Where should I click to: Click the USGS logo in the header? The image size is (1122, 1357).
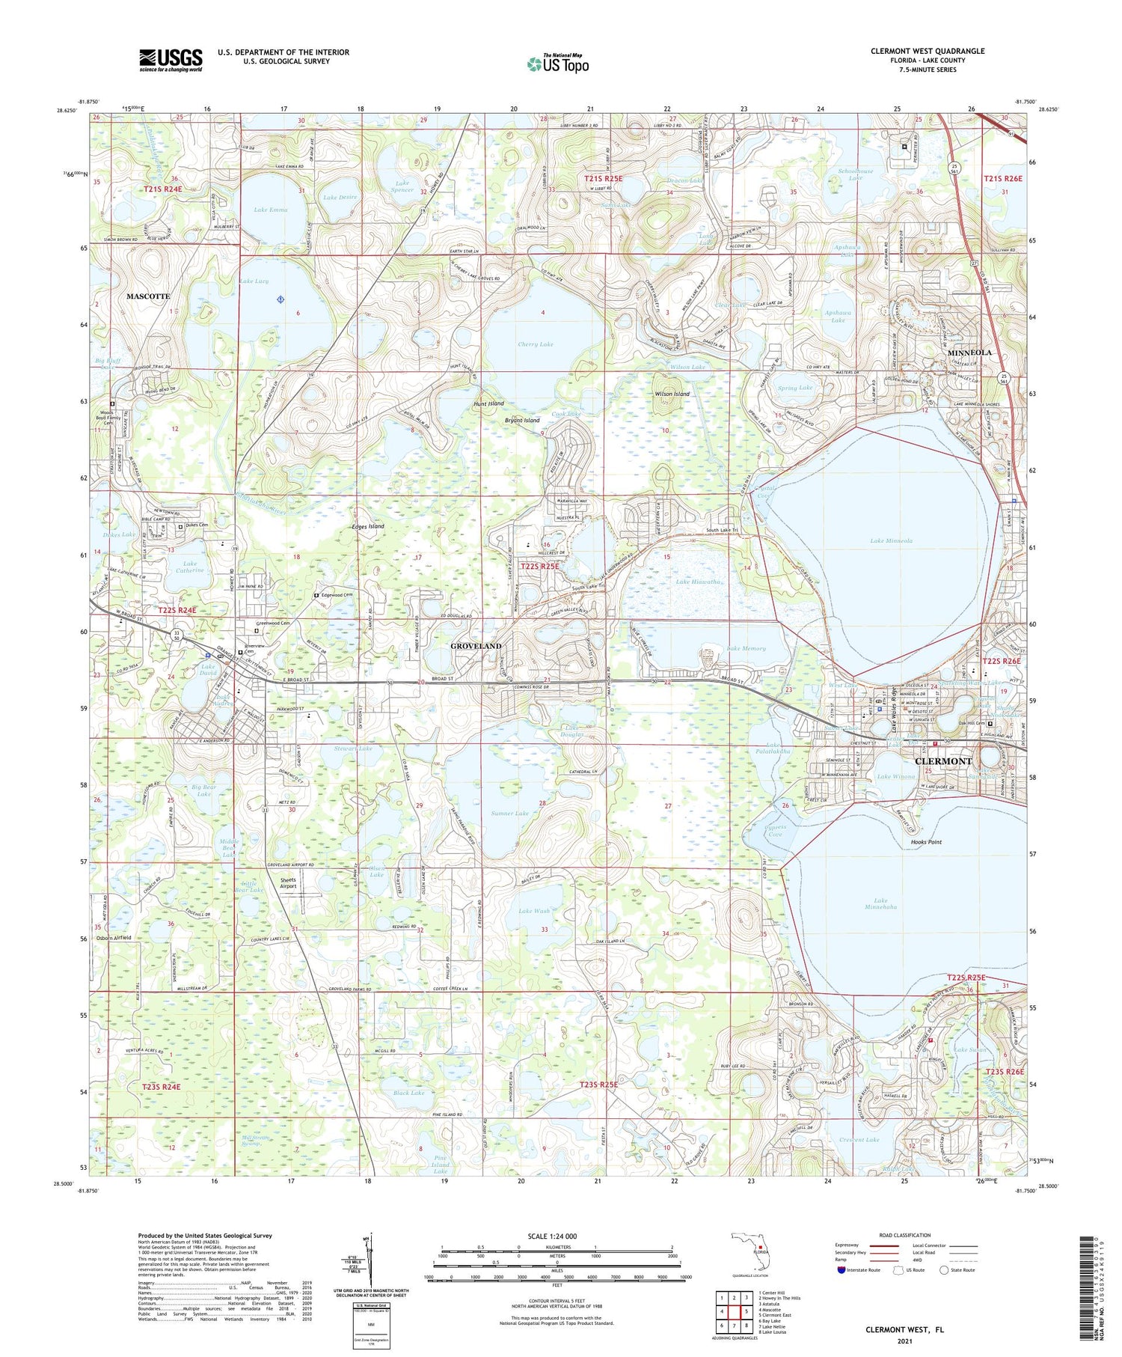tap(171, 60)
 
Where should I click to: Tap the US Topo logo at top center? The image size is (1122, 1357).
tap(558, 64)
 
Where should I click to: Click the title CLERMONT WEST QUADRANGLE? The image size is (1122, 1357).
tap(927, 52)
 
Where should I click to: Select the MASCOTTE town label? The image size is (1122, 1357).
tap(148, 296)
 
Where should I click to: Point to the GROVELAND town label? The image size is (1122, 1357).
tap(476, 645)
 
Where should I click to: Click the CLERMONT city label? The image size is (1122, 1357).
tap(943, 760)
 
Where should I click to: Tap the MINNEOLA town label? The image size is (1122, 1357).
tap(969, 352)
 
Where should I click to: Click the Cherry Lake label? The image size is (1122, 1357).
tap(536, 344)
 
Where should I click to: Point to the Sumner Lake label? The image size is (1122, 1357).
tap(510, 813)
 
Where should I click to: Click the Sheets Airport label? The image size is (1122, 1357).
tap(288, 883)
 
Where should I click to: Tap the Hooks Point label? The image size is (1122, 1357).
tap(926, 842)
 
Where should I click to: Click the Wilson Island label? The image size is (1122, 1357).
tap(672, 394)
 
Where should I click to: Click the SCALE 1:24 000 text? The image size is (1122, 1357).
tap(557, 1236)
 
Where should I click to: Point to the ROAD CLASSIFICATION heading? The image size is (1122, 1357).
tap(905, 1235)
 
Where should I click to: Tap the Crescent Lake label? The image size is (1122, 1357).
tap(859, 1140)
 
